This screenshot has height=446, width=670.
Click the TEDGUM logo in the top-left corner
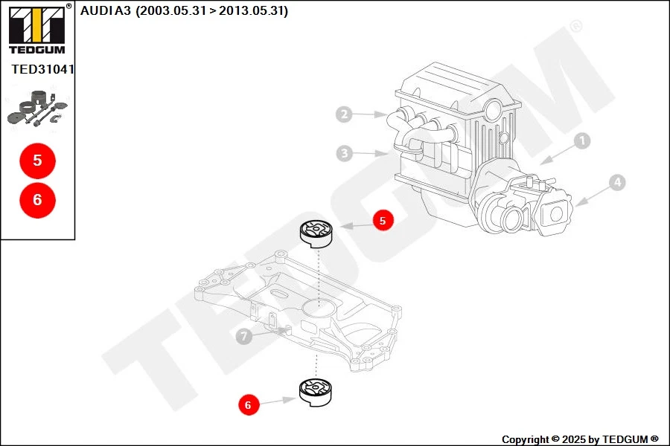36,29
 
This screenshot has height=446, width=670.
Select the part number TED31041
42,69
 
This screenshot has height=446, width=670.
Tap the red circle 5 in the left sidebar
37,160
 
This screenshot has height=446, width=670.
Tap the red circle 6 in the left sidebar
37,199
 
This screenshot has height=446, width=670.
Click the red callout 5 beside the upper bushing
383,221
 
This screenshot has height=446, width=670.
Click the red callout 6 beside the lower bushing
248,405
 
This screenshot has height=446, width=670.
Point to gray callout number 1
582,140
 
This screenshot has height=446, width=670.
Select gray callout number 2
343,114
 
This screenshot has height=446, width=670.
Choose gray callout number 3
343,154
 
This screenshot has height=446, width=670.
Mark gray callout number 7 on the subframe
243,337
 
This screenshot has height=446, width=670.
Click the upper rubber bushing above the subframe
316,233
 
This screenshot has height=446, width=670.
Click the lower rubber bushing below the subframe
316,392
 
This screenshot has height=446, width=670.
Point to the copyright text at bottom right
579,439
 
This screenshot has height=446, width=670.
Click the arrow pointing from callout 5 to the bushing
355,224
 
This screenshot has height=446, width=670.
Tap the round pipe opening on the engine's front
510,220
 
